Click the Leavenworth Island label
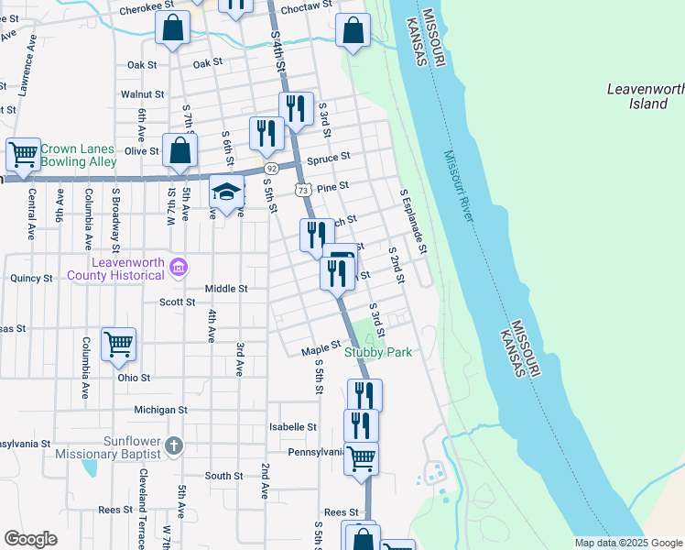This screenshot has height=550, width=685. (x=646, y=96)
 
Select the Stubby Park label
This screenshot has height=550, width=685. (x=378, y=352)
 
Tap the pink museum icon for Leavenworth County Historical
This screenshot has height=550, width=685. (x=179, y=269)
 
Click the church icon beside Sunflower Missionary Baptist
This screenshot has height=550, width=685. (x=174, y=445)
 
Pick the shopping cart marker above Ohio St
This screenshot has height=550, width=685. (x=118, y=344)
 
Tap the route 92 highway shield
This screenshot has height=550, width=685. (x=271, y=169)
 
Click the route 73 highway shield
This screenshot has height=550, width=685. (x=301, y=189)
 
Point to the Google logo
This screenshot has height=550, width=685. (x=30, y=539)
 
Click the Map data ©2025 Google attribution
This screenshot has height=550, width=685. (x=628, y=543)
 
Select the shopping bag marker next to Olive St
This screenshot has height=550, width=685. (x=179, y=150)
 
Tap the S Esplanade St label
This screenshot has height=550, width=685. (x=412, y=222)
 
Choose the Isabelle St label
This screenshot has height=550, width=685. (x=292, y=427)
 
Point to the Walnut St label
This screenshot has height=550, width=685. (x=142, y=94)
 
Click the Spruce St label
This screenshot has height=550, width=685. (x=329, y=158)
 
